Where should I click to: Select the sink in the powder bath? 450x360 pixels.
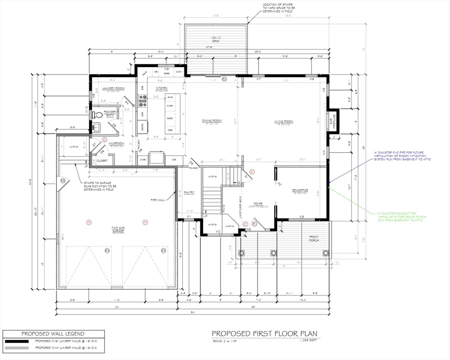(96, 127)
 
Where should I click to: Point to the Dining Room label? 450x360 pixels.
(212, 121)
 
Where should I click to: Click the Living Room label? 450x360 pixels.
(284, 121)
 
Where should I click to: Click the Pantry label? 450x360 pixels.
(189, 192)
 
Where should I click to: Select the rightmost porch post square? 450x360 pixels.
(325, 253)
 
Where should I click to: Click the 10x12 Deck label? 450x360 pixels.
(216, 39)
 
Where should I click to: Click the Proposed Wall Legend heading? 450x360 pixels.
(53, 334)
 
